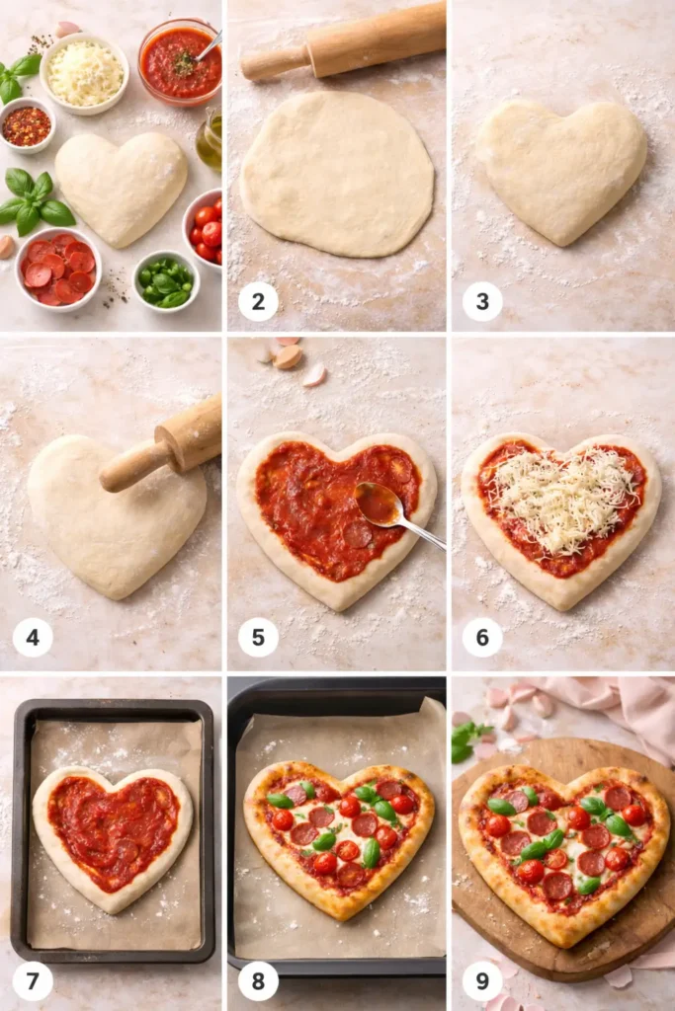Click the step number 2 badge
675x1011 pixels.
pos(258,301)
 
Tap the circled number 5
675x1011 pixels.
pos(258,637)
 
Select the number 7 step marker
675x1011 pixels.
pos(33,981)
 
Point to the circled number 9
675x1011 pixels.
pos(482,981)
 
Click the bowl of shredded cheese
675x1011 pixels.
pos(85,73)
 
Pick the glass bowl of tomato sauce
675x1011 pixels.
pos(179,62)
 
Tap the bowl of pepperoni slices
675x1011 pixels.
pos(58,268)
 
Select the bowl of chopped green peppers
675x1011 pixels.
pos(165,281)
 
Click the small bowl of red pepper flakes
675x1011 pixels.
pos(27,125)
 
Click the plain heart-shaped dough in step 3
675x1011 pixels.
pos(561,168)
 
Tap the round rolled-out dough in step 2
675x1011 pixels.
pos(337,174)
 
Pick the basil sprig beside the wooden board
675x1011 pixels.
pos(465,739)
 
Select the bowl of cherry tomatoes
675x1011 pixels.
pos(205,230)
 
